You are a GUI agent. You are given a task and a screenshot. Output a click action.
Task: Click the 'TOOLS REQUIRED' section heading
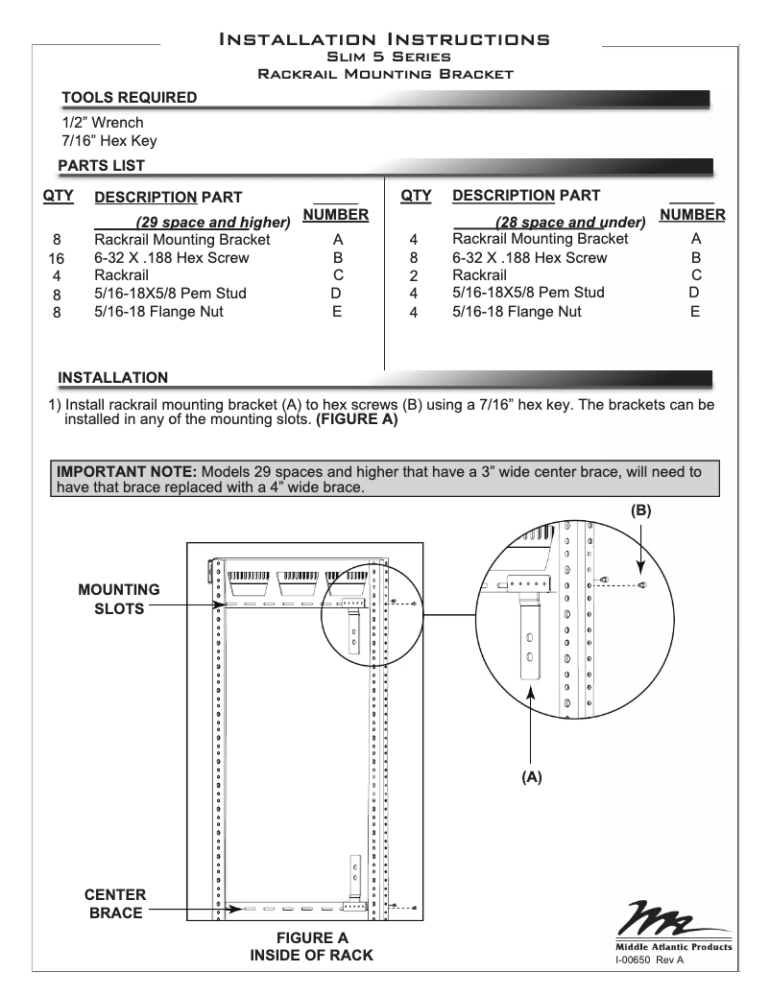click(130, 98)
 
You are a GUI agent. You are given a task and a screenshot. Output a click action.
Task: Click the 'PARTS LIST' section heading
click(102, 166)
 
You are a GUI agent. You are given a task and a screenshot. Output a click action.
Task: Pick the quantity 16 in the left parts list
click(56, 259)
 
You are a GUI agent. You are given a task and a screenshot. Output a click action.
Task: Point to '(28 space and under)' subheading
click(569, 223)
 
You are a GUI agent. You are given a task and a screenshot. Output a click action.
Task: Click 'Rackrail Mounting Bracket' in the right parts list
click(540, 239)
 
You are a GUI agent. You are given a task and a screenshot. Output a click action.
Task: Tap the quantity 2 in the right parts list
click(414, 276)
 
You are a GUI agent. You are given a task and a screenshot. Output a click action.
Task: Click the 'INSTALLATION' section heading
click(113, 377)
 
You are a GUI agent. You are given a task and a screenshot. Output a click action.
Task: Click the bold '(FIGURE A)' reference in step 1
click(356, 419)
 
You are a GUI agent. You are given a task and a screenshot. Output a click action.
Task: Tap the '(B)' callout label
click(640, 512)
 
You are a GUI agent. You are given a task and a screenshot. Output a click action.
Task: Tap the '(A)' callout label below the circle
click(532, 778)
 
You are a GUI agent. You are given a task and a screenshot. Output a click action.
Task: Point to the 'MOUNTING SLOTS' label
click(119, 600)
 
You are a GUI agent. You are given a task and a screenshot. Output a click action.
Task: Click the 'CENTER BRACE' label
click(116, 904)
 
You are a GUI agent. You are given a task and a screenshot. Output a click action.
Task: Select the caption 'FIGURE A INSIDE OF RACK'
click(311, 946)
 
